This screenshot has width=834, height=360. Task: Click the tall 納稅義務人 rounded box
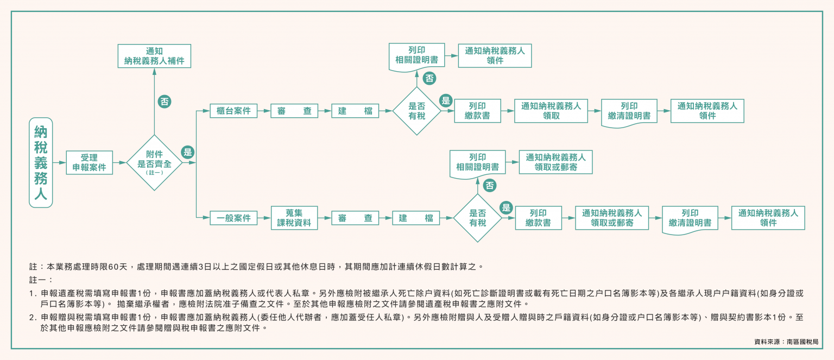[x=41, y=162]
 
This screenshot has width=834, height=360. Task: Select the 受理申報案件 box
[x=90, y=162]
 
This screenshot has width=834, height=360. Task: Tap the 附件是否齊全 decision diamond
[x=154, y=162]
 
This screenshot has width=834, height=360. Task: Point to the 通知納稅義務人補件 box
[x=154, y=56]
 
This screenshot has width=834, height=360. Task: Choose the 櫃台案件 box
[x=233, y=111]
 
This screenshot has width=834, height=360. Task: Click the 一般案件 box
[x=233, y=218]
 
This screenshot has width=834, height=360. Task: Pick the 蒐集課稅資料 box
[x=294, y=218]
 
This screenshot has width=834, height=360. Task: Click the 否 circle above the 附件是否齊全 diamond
[x=165, y=102]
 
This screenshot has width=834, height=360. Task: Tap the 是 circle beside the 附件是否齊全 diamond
[x=188, y=152]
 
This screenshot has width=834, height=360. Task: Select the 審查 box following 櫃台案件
[x=294, y=111]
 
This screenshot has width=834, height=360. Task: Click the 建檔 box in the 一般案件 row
[x=415, y=218]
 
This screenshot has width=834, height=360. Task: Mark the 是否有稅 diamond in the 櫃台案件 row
[x=416, y=111]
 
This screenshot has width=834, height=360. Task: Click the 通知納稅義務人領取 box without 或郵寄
[x=551, y=111]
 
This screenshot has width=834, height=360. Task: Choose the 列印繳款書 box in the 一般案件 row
[x=538, y=218]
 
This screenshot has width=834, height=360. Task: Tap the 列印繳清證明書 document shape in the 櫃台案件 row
[x=629, y=111]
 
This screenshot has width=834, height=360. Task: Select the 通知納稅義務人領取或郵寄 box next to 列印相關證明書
[x=555, y=162]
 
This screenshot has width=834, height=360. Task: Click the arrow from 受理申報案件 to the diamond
[x=119, y=162]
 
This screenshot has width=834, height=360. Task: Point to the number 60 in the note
[x=113, y=267]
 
